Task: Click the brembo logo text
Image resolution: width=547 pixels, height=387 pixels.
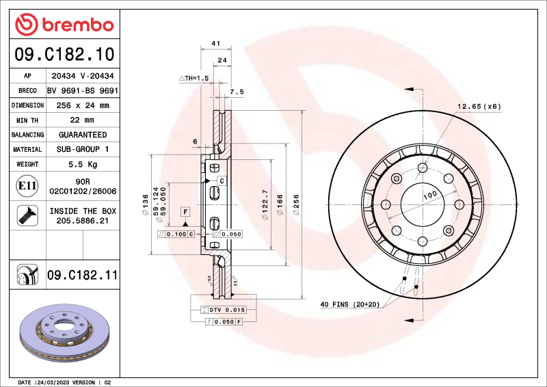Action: pyautogui.click(x=74, y=25)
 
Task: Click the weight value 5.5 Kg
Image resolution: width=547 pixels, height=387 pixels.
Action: pyautogui.click(x=82, y=164)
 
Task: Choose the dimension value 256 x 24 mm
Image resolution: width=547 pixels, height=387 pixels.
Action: pyautogui.click(x=82, y=105)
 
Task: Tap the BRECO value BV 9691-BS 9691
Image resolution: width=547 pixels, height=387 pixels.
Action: pyautogui.click(x=82, y=91)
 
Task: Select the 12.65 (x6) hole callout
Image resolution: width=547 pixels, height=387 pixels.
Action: pyautogui.click(x=479, y=107)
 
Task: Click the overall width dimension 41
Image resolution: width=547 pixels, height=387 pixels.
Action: pyautogui.click(x=216, y=44)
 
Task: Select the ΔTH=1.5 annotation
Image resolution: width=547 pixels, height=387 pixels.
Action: pyautogui.click(x=193, y=79)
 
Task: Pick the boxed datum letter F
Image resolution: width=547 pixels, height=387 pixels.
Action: pyautogui.click(x=185, y=213)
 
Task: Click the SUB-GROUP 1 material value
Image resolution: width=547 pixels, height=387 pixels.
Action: pyautogui.click(x=82, y=149)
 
